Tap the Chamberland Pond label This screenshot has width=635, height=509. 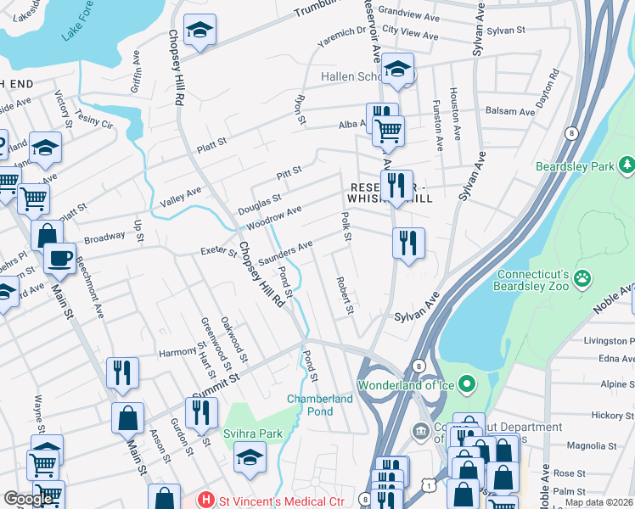[x=320, y=405]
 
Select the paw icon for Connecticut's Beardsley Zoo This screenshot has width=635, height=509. [x=582, y=278]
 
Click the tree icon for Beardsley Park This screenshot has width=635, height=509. [x=627, y=164]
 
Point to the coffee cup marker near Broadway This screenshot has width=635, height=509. [x=59, y=257]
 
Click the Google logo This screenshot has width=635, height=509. [x=28, y=498]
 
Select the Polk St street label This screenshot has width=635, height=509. [x=346, y=227]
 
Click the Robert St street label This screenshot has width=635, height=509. [x=344, y=295]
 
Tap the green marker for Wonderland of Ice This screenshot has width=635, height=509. [x=464, y=385]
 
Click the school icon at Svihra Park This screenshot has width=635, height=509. [x=250, y=456]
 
